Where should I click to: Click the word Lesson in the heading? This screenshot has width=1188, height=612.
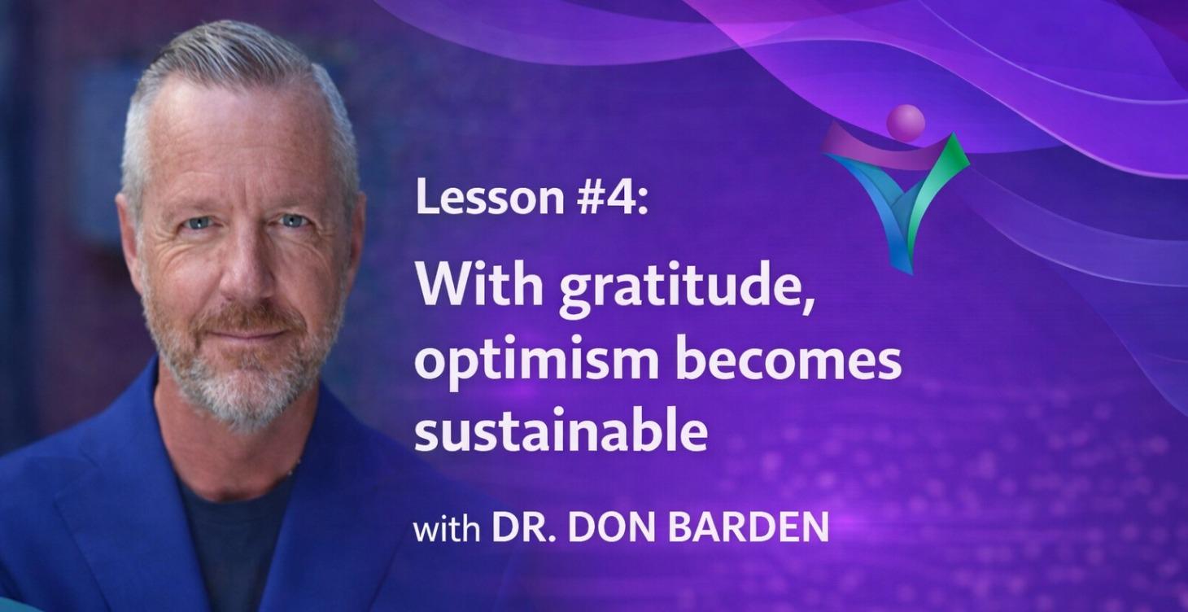(x=473, y=197)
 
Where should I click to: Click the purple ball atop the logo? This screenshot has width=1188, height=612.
(x=905, y=123)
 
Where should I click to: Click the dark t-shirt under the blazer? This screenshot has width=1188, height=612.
(x=232, y=529)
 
